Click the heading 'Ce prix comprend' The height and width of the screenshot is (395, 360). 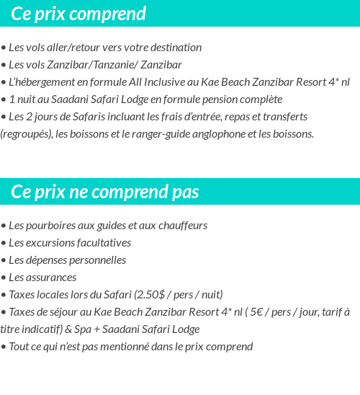78,14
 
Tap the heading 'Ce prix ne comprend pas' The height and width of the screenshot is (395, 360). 105,192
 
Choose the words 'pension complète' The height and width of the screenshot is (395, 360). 242,99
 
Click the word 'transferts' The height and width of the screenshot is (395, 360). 284,117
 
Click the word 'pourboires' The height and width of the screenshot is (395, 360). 50,226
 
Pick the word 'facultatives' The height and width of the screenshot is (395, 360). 102,243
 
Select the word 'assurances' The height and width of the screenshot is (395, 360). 52,278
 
